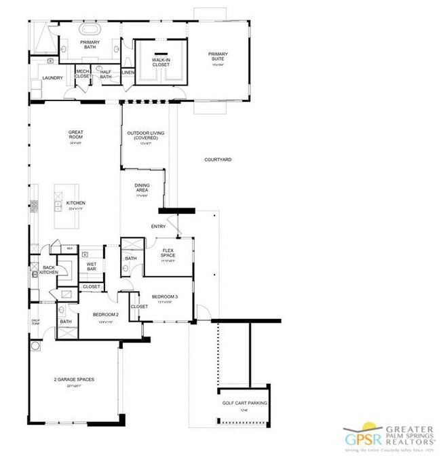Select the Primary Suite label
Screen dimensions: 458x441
218,58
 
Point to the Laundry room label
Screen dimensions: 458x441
52,78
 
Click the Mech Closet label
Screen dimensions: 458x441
83,74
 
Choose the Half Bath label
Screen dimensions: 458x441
105,75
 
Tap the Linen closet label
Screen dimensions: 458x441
128,72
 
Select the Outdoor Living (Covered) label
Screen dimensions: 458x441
146,136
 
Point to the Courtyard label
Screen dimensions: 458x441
218,160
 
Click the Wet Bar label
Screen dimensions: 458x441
91,267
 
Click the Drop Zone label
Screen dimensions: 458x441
35,322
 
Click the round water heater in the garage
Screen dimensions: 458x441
35,346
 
